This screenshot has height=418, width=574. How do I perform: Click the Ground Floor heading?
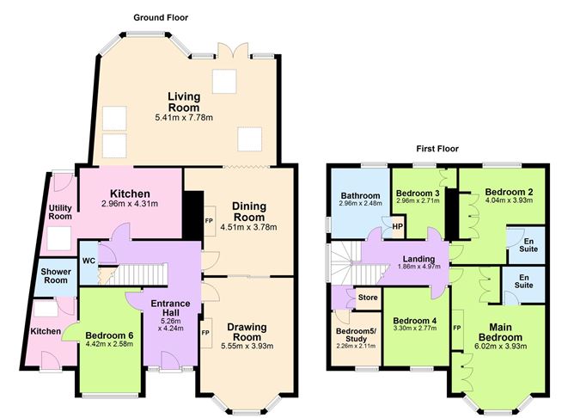pos(161,17)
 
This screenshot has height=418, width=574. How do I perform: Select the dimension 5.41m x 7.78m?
pos(184,117)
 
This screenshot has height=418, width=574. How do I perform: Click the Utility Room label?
pos(60,212)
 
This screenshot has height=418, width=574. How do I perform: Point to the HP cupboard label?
pos(397,228)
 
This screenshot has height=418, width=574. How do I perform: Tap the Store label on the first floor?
pos(368,298)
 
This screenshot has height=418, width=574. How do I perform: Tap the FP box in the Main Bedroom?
pos(456,329)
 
